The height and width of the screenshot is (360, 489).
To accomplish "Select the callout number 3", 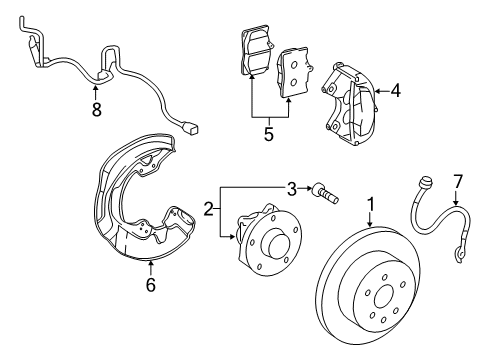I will click(292, 187).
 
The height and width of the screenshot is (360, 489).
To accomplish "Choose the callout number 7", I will click(459, 209).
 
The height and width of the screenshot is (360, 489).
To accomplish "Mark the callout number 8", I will click(97, 110).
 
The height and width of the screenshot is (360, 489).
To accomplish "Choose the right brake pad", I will click(296, 72).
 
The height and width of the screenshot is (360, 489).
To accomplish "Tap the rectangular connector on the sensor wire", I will click(193, 128).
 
